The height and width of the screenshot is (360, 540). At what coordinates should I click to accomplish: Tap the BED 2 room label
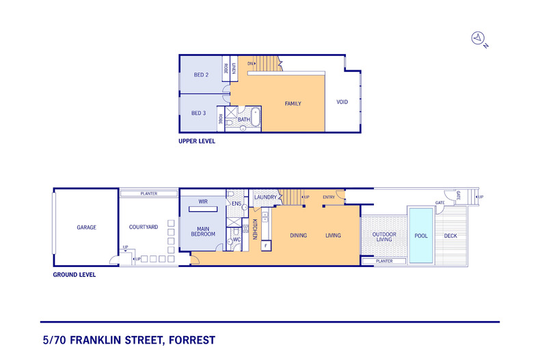(201, 74)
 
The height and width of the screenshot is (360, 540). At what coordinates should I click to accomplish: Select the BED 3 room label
(199, 113)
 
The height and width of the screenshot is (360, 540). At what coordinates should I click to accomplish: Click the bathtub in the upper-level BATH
(256, 117)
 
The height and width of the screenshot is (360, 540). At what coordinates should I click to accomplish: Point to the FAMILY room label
(293, 104)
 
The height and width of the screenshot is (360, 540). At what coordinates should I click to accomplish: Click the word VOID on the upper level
(342, 102)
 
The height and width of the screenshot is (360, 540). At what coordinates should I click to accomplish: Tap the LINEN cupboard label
(234, 68)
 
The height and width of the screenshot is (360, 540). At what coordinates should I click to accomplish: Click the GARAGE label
(86, 227)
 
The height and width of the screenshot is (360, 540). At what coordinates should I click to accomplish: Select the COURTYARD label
(144, 227)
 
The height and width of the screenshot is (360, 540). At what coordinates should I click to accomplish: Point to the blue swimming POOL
(421, 236)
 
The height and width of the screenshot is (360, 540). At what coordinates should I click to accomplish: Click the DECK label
(450, 236)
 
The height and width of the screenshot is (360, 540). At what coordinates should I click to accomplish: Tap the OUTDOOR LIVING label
(384, 237)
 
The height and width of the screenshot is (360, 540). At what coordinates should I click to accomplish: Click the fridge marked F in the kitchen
(266, 246)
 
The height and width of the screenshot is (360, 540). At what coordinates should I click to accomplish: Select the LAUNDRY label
(265, 197)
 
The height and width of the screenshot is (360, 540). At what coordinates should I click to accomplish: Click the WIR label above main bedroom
(203, 202)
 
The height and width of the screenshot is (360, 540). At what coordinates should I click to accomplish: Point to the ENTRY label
(329, 197)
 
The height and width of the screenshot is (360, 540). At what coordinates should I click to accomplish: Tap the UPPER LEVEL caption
(197, 141)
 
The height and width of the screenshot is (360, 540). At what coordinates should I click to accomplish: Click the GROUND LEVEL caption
(75, 275)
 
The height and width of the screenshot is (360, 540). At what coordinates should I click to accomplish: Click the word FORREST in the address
(192, 340)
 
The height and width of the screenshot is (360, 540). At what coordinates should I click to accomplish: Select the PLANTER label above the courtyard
(149, 194)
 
